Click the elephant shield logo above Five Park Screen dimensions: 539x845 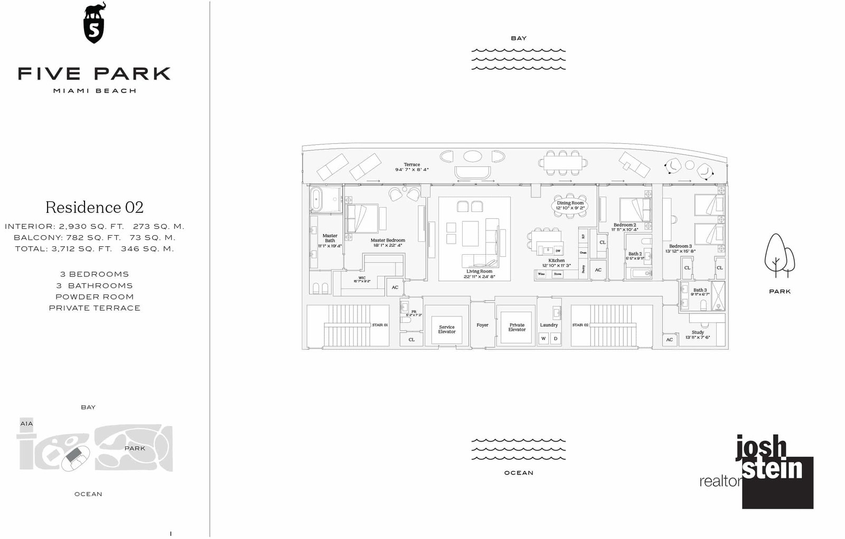(x=95, y=24)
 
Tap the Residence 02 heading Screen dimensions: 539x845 (x=95, y=207)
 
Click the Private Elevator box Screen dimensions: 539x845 (x=517, y=328)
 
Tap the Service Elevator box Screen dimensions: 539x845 (x=447, y=329)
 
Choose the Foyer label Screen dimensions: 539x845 (x=482, y=325)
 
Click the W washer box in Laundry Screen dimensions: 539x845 (x=543, y=339)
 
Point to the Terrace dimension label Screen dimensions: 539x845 (x=412, y=167)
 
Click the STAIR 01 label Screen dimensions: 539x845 (x=380, y=325)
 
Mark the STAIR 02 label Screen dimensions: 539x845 (x=580, y=325)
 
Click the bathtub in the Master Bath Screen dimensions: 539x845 (x=316, y=200)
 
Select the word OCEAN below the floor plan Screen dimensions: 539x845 (x=519, y=473)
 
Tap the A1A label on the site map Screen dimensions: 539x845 (x=26, y=424)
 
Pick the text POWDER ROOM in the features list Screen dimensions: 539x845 (x=95, y=297)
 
